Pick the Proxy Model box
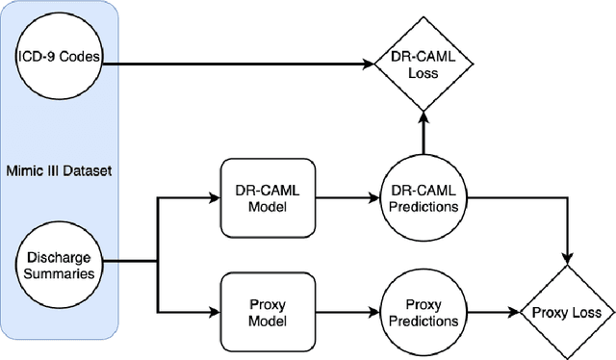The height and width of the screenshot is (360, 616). coord(259,312)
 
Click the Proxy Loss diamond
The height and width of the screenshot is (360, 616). coord(567,312)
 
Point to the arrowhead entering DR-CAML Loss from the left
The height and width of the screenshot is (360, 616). coord(370,64)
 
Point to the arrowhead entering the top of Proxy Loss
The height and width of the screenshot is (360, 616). coord(567,257)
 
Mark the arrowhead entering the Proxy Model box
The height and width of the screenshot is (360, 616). coord(214,312)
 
